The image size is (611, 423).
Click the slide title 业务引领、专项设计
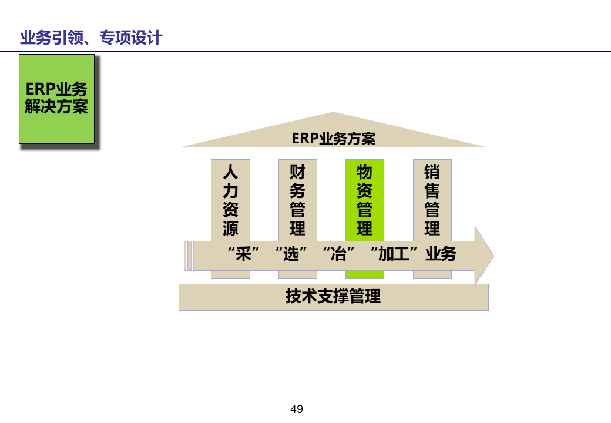[91, 39]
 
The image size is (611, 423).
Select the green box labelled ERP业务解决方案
[56, 99]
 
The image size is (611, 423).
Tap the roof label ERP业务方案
[333, 139]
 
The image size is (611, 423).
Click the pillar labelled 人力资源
[230, 200]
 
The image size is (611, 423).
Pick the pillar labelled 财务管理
[297, 200]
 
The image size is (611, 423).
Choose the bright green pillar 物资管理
[364, 200]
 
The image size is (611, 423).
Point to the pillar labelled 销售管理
[432, 200]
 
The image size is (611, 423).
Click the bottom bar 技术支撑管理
[333, 297]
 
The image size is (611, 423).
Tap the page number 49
[297, 409]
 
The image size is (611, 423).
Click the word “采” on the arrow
[243, 255]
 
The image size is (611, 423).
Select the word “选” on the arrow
[291, 255]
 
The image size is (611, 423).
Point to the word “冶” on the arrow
[340, 255]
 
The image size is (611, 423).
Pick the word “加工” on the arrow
[397, 255]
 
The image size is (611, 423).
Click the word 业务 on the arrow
[441, 255]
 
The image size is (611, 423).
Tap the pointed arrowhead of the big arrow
[484, 256]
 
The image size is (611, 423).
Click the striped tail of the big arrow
[187, 256]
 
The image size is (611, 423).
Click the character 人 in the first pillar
[230, 172]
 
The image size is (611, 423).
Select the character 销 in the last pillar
[432, 172]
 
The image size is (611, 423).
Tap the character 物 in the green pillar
[364, 172]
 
